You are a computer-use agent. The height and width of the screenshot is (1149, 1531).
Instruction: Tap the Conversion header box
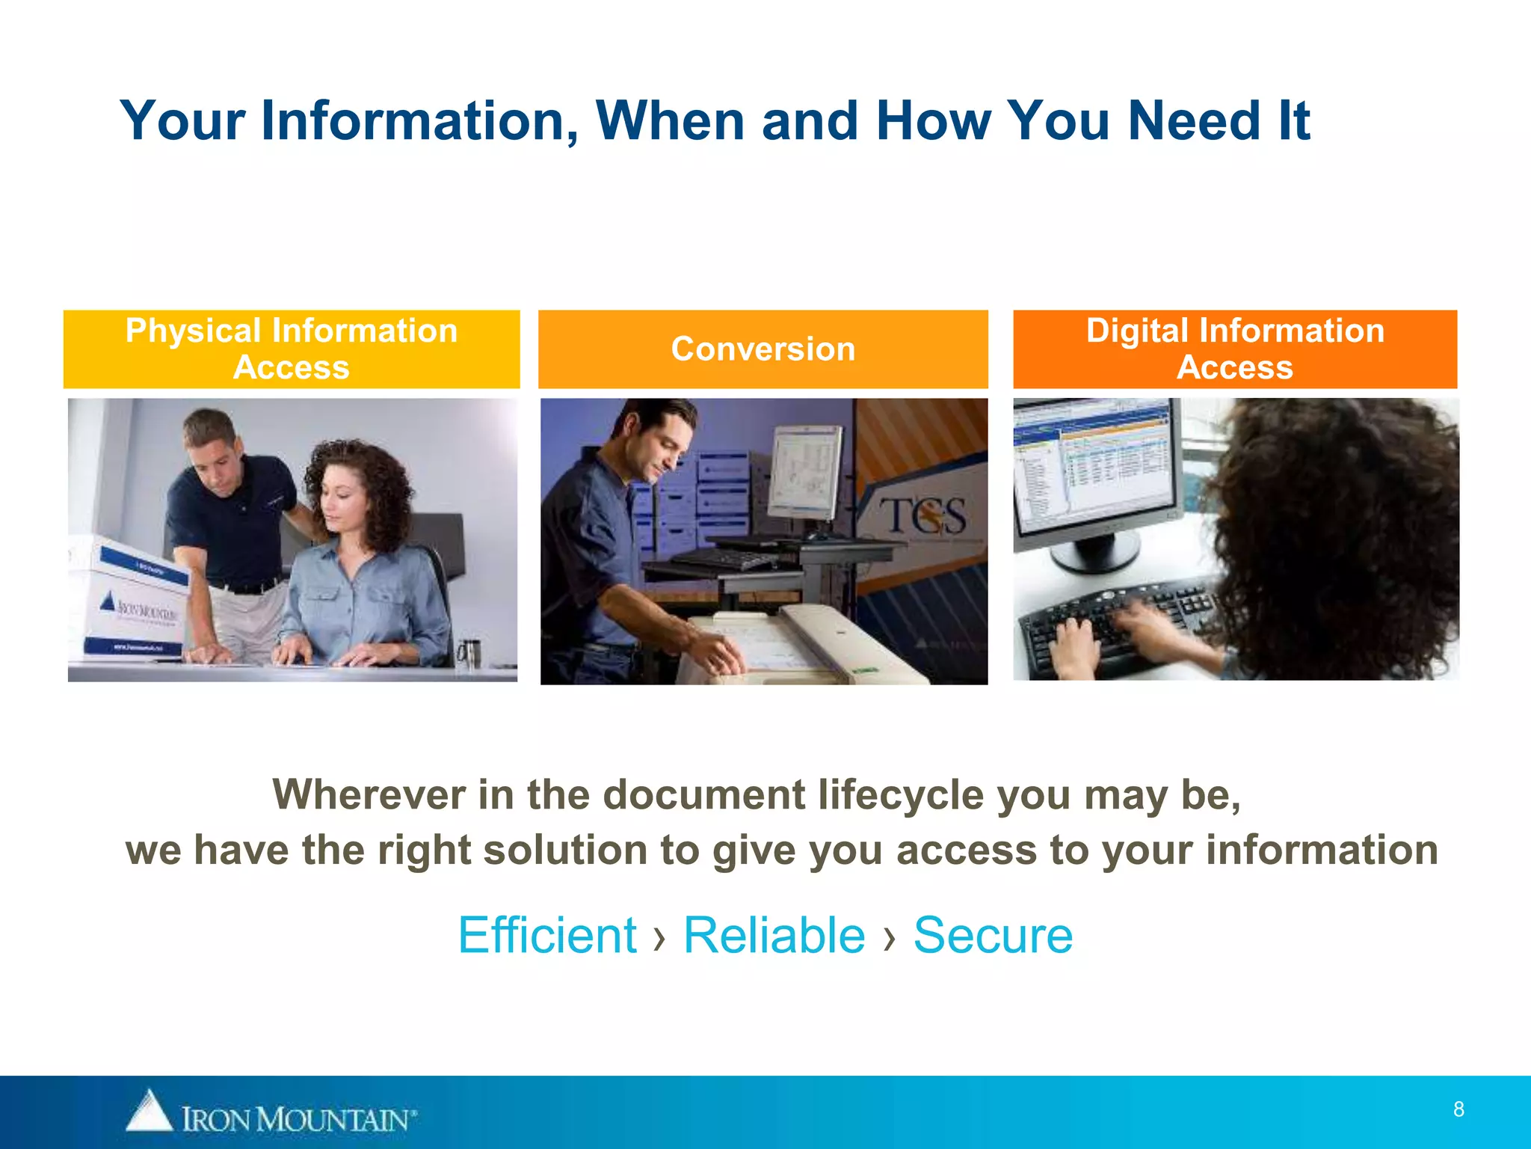click(x=763, y=349)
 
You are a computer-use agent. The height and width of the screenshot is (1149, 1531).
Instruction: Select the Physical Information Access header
click(x=292, y=349)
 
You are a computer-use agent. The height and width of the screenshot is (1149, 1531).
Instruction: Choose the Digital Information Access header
click(x=1235, y=349)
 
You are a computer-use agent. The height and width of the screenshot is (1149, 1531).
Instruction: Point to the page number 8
click(x=1458, y=1109)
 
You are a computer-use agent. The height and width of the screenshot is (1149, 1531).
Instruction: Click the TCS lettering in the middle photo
click(x=922, y=516)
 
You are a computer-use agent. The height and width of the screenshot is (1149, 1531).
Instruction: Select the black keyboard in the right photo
click(x=1121, y=628)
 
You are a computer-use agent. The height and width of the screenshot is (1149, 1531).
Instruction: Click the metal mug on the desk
click(x=469, y=654)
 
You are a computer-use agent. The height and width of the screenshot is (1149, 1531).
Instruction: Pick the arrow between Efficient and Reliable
click(x=659, y=937)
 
